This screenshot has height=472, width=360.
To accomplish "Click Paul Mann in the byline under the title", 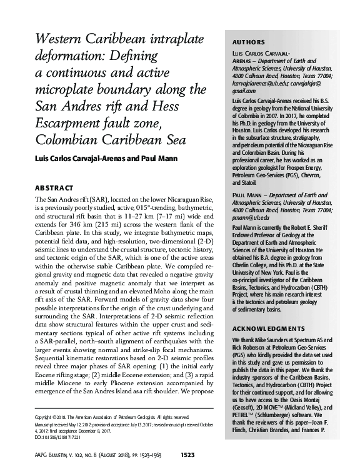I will pyautogui.click(x=160, y=158).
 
